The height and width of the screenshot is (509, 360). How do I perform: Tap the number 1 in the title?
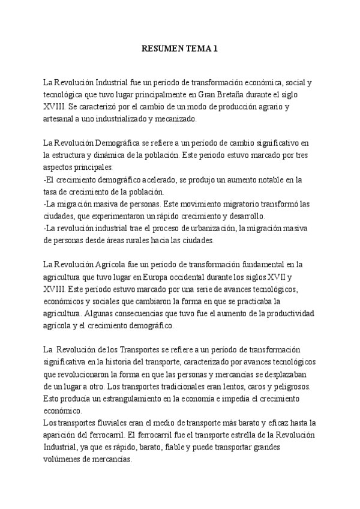click(x=215, y=49)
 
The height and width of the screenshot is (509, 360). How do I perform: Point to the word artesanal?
click(x=61, y=118)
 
